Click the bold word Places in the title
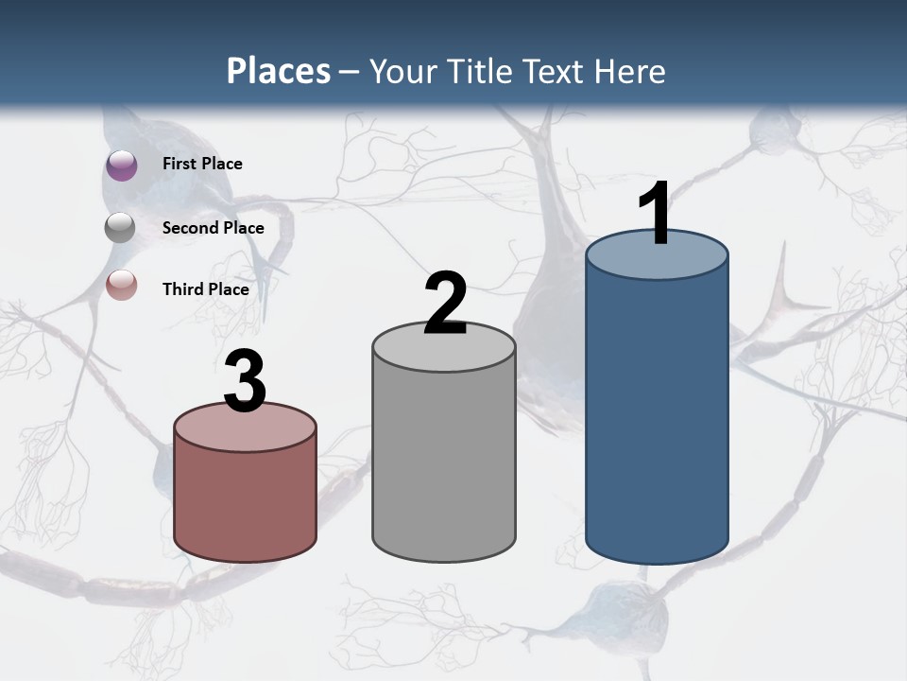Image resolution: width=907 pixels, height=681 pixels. [279, 71]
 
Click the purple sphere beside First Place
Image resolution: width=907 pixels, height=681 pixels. [122, 165]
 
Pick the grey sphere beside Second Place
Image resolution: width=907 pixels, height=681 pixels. [122, 227]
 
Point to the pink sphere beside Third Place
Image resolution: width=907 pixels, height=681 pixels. [122, 285]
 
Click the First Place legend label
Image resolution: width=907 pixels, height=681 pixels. [202, 164]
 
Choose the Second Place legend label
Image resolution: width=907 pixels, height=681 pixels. [213, 227]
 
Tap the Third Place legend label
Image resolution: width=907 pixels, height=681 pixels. [206, 289]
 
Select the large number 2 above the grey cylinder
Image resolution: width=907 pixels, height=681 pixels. [445, 304]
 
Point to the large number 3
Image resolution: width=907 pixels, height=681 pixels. [246, 382]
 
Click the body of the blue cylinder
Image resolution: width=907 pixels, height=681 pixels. [657, 416]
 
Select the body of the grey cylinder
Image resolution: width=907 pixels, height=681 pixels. [444, 463]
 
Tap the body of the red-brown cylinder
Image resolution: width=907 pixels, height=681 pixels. [246, 501]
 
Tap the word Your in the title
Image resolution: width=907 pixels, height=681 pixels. [399, 71]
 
